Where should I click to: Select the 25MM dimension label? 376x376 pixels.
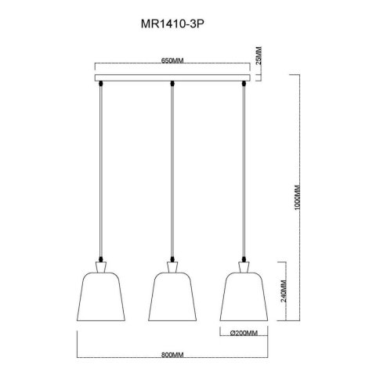coord(259,58)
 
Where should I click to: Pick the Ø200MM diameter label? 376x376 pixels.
coord(244,333)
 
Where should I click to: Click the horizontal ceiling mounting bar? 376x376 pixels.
coord(172,78)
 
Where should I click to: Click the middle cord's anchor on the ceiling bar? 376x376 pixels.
coord(172,83)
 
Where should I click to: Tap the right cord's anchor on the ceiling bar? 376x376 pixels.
coord(244,83)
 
